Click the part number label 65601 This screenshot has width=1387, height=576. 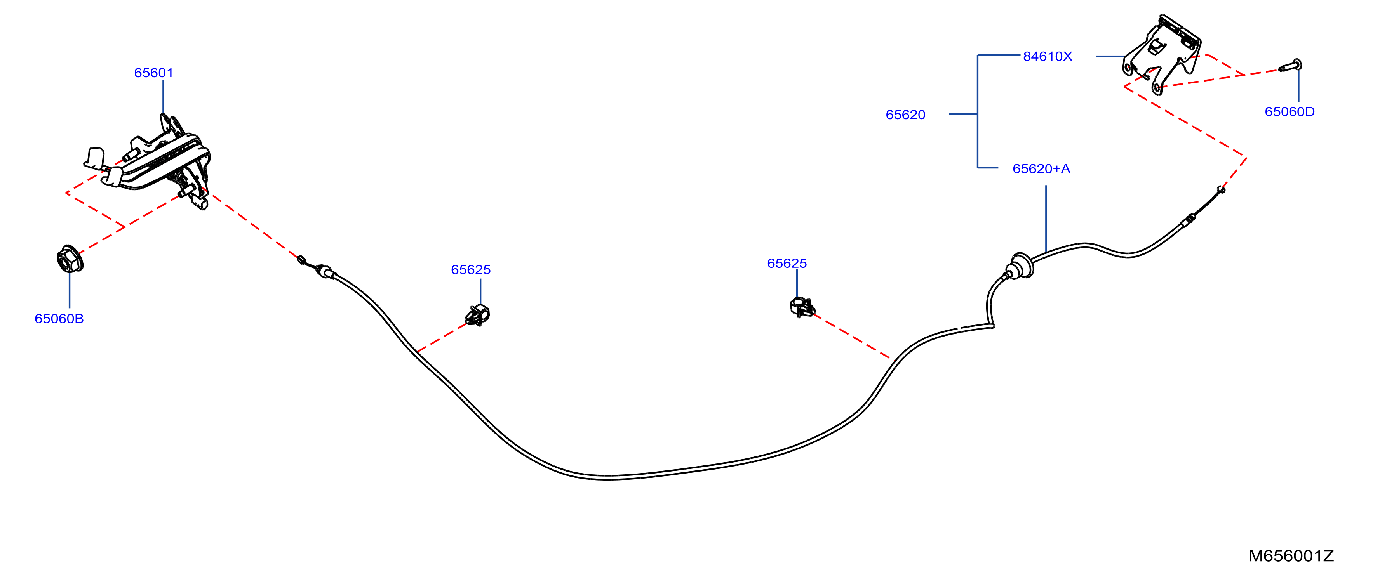tap(153, 73)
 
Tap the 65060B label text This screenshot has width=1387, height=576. tap(59, 318)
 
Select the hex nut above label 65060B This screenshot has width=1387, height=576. tap(70, 259)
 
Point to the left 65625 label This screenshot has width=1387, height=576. tap(471, 269)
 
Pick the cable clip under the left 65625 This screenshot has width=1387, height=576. tap(478, 315)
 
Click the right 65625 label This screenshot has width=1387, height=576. tap(787, 263)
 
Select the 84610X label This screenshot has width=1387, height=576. tap(1047, 56)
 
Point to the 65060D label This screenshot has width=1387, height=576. tap(1290, 111)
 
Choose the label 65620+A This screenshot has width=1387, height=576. tap(1041, 168)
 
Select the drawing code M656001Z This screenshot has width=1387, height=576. tap(1291, 555)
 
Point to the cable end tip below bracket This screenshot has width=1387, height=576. tap(1221, 189)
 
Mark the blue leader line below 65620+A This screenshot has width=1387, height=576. tap(1046, 219)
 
